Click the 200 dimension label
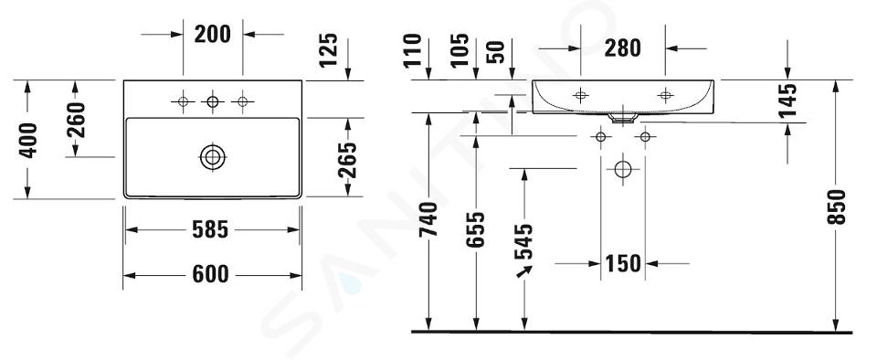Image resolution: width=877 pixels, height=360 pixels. (213, 34)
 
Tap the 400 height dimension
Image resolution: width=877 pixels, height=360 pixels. (28, 141)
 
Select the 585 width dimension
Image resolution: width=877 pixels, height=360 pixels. (210, 229)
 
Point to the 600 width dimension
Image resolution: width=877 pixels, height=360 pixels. (210, 274)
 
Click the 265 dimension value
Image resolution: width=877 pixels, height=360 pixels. (347, 160)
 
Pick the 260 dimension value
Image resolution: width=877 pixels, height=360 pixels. (76, 121)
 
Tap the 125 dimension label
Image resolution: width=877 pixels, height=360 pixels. (329, 49)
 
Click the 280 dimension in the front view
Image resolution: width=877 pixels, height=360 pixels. (622, 48)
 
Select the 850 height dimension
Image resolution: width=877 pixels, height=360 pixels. (836, 206)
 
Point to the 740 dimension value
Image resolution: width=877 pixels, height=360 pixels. (428, 219)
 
